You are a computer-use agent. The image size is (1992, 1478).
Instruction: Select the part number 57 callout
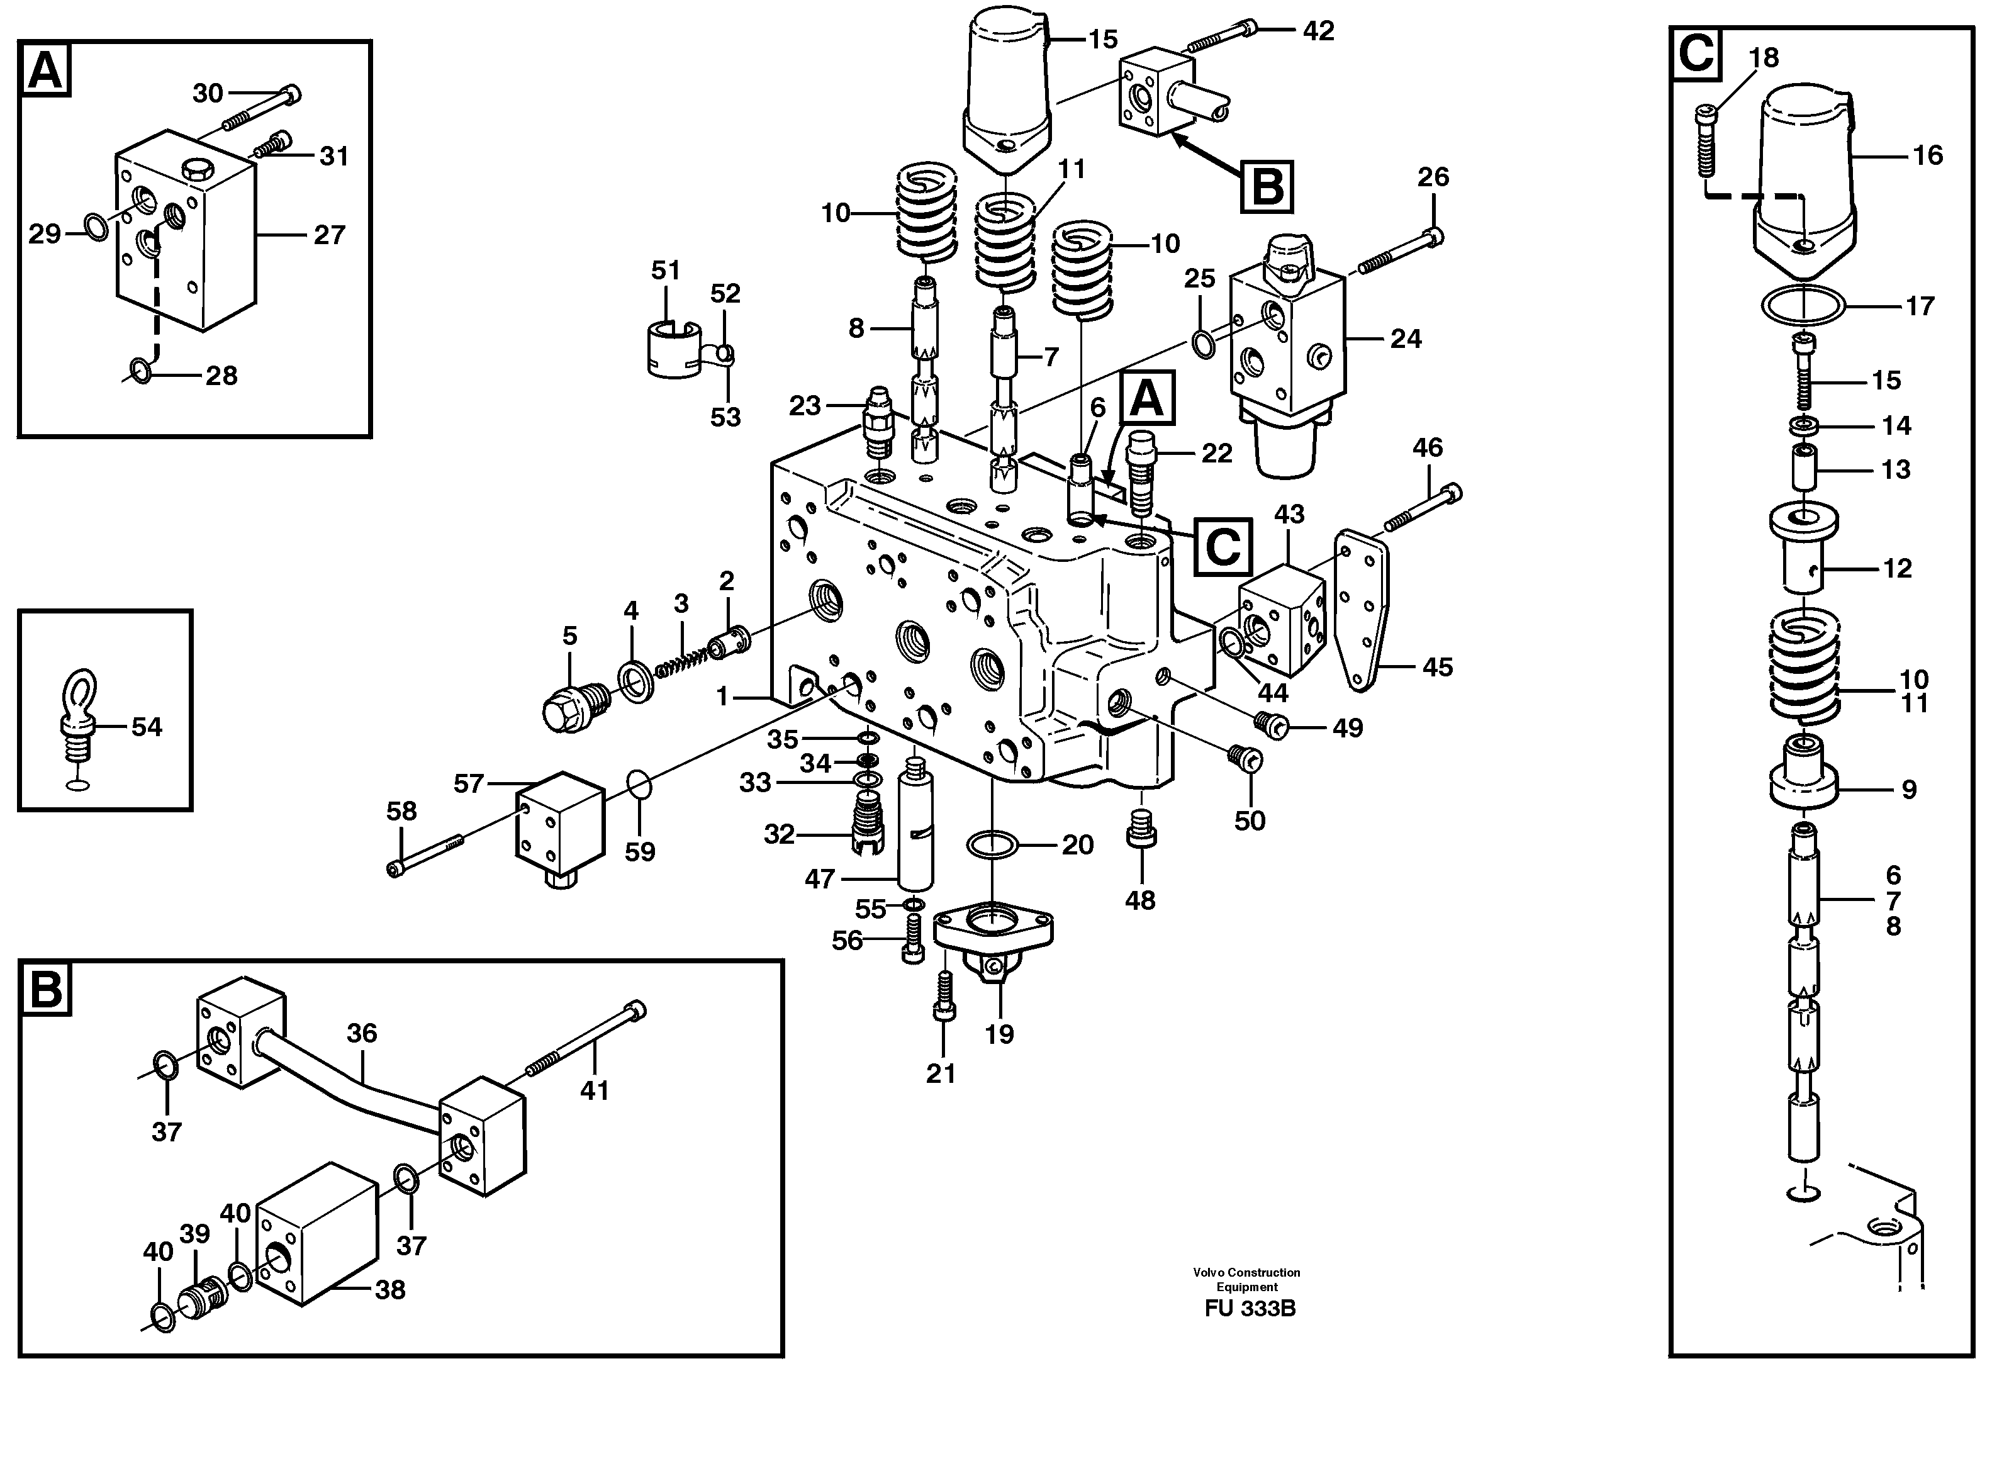(x=468, y=784)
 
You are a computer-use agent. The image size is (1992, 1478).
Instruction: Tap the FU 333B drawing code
(x=1250, y=1308)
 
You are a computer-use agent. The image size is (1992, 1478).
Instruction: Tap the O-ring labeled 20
(x=992, y=844)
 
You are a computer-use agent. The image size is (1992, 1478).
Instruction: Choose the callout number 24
(x=1405, y=338)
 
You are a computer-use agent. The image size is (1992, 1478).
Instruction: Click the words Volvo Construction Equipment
(x=1246, y=1279)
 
